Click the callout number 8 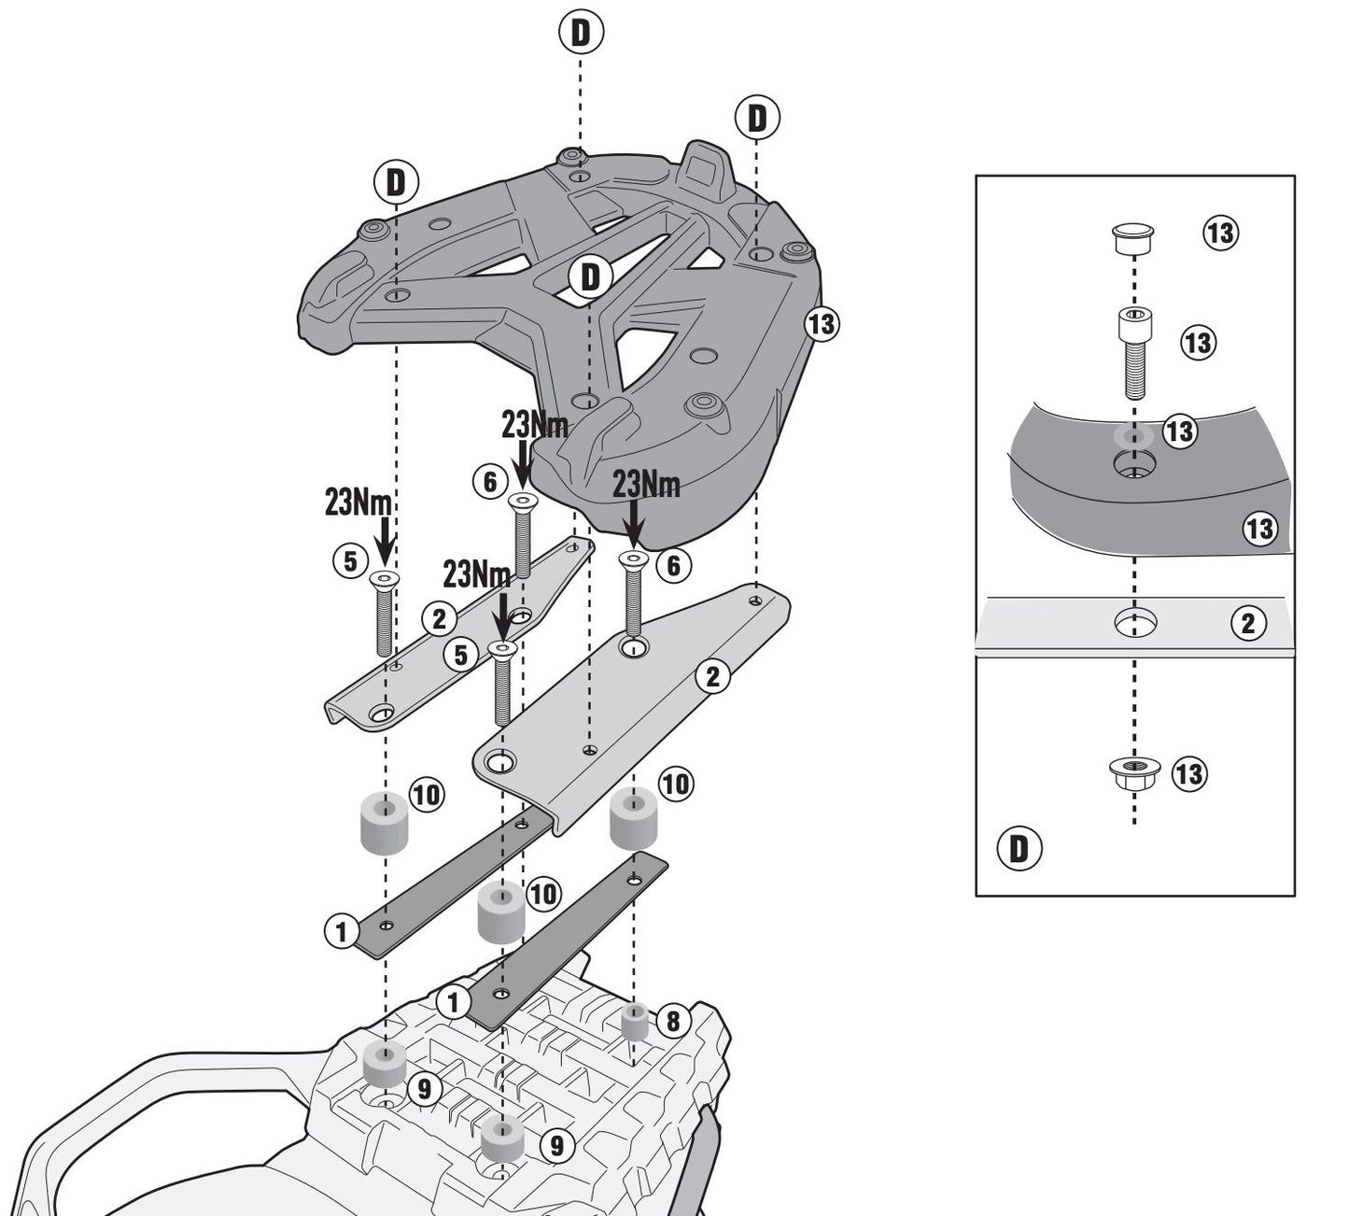pyautogui.click(x=672, y=1021)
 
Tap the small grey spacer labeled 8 pyautogui.click(x=636, y=1023)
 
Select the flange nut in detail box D pyautogui.click(x=1134, y=772)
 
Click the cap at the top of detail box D pyautogui.click(x=1133, y=237)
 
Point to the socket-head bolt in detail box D pyautogui.click(x=1133, y=351)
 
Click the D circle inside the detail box pyautogui.click(x=1019, y=849)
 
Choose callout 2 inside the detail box pyautogui.click(x=1248, y=623)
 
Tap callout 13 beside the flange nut pyautogui.click(x=1188, y=774)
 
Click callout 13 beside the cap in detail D pyautogui.click(x=1219, y=233)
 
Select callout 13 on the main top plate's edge pyautogui.click(x=822, y=324)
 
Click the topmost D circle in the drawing pyautogui.click(x=581, y=33)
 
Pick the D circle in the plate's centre pyautogui.click(x=590, y=277)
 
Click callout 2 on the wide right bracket pyautogui.click(x=713, y=677)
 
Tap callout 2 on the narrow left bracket pyautogui.click(x=439, y=617)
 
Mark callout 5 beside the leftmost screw pyautogui.click(x=349, y=561)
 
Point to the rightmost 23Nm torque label pyautogui.click(x=646, y=485)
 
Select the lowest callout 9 pyautogui.click(x=556, y=1144)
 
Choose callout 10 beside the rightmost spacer pyautogui.click(x=676, y=784)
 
